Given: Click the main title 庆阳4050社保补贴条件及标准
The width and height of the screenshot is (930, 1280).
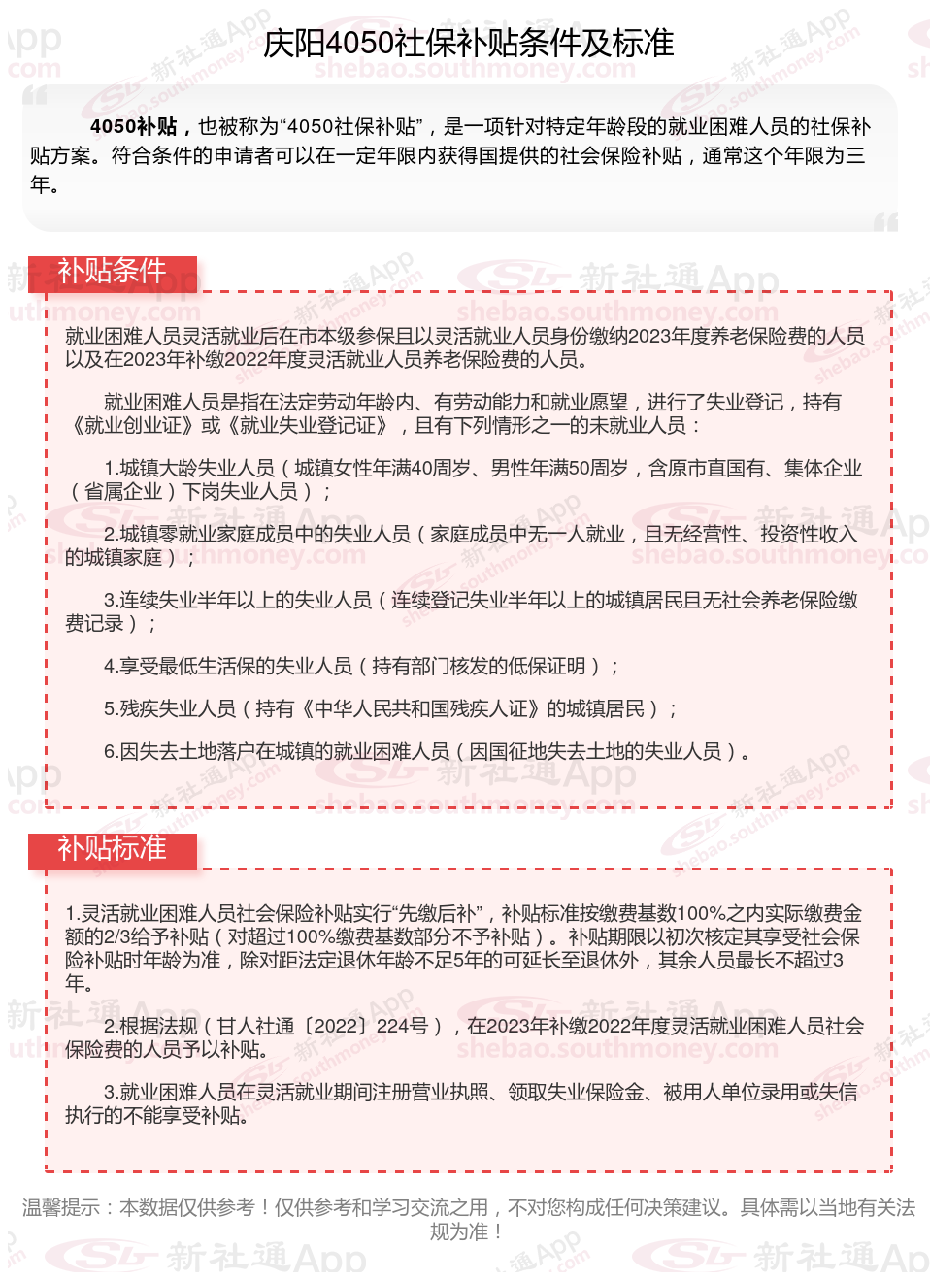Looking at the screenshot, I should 468,44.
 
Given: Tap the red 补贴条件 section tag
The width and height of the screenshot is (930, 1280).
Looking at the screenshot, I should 112,271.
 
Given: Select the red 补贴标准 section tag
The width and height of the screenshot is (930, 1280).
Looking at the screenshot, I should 112,849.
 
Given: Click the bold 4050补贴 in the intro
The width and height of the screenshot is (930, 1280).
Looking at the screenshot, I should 134,127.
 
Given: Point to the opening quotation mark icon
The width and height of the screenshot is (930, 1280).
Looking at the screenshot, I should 35,95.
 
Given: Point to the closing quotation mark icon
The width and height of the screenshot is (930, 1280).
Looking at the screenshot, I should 885,222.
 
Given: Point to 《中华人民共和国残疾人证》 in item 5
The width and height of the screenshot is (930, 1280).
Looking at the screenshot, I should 419,708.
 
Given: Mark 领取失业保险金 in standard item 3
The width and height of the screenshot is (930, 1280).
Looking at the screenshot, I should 577,1092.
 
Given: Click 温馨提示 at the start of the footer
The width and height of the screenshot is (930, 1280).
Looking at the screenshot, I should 60,1207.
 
